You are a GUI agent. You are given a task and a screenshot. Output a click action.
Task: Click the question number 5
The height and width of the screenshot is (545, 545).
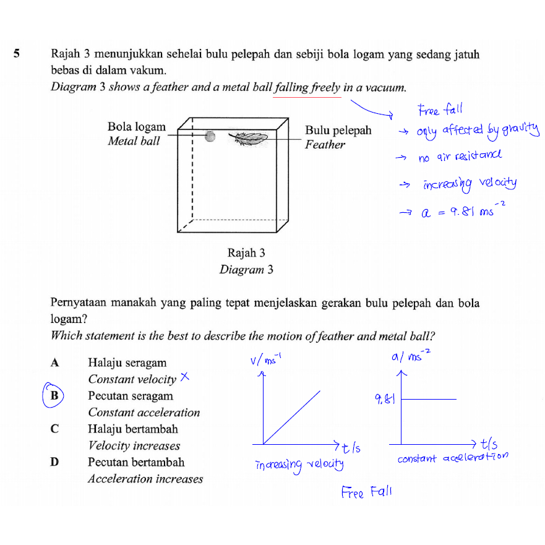pyautogui.click(x=18, y=54)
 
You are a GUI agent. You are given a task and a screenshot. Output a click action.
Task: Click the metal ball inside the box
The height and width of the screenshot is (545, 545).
pyautogui.click(x=210, y=136)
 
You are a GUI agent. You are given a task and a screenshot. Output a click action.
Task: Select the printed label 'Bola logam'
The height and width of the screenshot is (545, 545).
pyautogui.click(x=137, y=127)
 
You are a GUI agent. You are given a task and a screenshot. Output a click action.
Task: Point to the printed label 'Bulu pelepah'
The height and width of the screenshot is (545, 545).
pyautogui.click(x=338, y=130)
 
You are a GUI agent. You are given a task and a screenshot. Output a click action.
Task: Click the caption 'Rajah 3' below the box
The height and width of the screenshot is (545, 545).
pyautogui.click(x=246, y=253)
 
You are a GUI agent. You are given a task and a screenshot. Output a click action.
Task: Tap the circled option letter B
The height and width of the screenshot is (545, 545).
pyautogui.click(x=54, y=395)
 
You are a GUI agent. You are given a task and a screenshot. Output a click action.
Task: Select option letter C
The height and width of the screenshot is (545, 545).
pyautogui.click(x=54, y=429)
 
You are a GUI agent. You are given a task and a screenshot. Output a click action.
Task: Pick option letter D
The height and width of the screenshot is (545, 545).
pyautogui.click(x=54, y=462)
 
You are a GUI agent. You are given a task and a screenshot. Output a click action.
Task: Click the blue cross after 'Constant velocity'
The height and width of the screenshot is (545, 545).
pyautogui.click(x=184, y=377)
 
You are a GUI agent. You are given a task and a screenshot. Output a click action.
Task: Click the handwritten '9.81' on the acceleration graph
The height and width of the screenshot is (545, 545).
pyautogui.click(x=385, y=400)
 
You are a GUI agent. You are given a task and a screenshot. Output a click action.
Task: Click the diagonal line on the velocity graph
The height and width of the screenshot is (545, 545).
pyautogui.click(x=292, y=417)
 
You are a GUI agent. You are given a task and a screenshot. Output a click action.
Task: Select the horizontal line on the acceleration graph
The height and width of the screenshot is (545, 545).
pyautogui.click(x=429, y=400)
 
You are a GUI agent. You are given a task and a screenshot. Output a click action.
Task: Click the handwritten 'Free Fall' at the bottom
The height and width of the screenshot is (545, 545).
pyautogui.click(x=366, y=492)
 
